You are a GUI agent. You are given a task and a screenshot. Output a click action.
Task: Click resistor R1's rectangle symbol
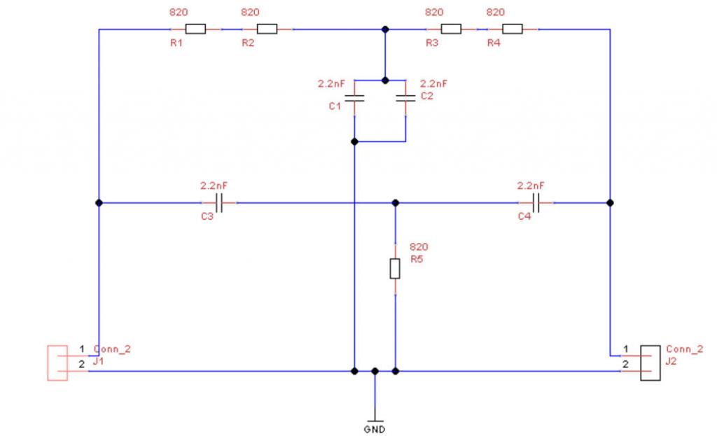(x=195, y=29)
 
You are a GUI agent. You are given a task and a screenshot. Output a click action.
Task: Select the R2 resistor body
(x=267, y=29)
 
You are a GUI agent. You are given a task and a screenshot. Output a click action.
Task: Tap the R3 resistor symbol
(x=451, y=29)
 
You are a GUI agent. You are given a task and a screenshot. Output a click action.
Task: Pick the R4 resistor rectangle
(x=513, y=29)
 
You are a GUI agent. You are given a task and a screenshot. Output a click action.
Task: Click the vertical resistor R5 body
(x=395, y=268)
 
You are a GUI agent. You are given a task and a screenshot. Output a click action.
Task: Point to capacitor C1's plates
(x=355, y=99)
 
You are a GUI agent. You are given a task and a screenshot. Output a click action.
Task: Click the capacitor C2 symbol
(x=405, y=99)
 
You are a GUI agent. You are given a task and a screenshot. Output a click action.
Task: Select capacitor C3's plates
(x=220, y=203)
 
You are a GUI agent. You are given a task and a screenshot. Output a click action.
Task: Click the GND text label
(x=374, y=428)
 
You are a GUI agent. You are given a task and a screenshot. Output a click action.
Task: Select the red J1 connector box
(x=57, y=363)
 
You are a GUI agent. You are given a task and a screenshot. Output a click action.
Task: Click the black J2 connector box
(x=651, y=363)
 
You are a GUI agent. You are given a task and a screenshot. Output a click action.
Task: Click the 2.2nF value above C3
(x=214, y=186)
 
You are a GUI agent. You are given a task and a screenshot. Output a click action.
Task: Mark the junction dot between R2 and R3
(x=384, y=29)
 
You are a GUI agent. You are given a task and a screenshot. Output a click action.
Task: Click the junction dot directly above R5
(x=395, y=203)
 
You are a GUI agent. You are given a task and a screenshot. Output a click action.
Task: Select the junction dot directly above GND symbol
(x=375, y=371)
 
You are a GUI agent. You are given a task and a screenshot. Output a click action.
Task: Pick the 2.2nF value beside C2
(x=433, y=83)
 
